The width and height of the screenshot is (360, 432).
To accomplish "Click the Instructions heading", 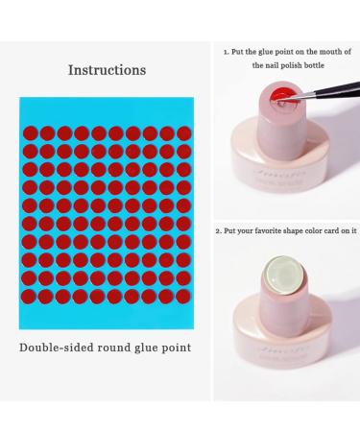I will click(107, 70).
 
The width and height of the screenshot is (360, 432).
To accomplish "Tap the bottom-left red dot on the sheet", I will click(29, 313).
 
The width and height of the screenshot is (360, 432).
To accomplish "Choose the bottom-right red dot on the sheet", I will click(183, 313).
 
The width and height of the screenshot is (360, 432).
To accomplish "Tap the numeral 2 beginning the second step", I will click(218, 230).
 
